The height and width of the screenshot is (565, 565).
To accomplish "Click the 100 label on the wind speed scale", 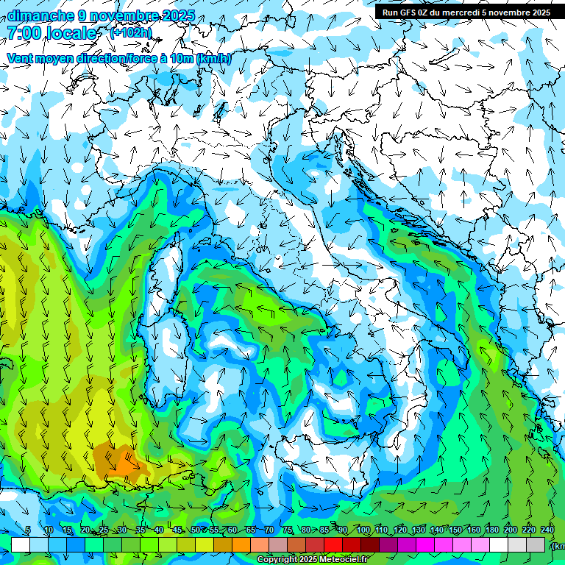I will tap(363, 530).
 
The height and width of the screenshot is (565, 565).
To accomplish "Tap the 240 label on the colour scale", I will tap(547, 530).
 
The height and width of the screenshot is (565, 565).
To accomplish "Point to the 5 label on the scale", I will tap(27, 530).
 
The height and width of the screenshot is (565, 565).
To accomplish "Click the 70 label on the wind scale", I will tap(269, 530).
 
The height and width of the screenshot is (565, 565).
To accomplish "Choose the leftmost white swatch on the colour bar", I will tap(21, 544).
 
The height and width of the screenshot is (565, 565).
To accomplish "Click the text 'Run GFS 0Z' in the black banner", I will tap(408, 13).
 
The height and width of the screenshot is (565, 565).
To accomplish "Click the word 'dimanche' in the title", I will tap(37, 15).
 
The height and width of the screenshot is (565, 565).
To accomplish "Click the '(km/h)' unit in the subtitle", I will tap(214, 59).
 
